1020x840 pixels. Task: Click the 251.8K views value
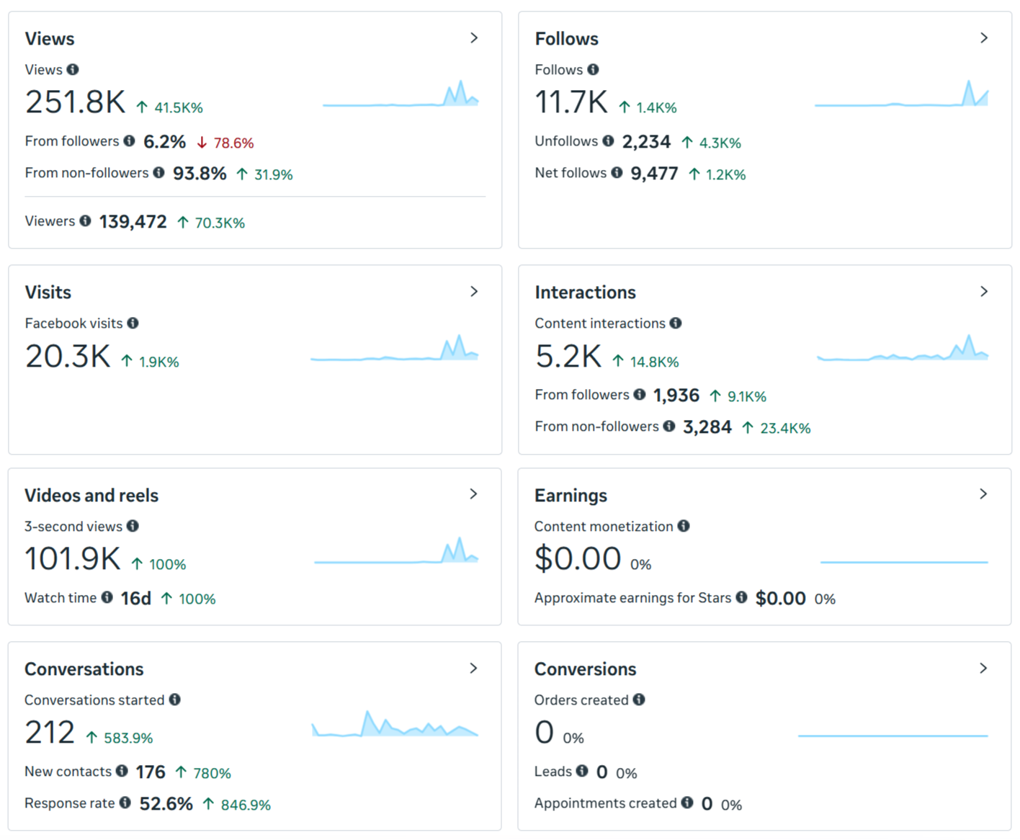coord(75,102)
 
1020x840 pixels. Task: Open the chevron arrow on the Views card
coord(474,38)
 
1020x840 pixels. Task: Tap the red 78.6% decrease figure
coord(233,143)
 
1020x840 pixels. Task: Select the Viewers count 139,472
coord(133,222)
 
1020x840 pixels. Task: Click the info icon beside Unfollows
coord(608,140)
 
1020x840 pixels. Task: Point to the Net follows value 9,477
coord(654,174)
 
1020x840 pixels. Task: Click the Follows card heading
coord(567,39)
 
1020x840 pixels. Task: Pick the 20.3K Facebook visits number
coord(68,356)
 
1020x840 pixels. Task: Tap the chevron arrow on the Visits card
coord(474,292)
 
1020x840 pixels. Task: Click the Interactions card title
coord(585,292)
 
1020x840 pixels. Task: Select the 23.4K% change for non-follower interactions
coord(785,428)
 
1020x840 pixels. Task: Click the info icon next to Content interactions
coord(676,323)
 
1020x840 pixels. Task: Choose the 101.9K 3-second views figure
coord(72,558)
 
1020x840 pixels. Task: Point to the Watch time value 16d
coord(136,599)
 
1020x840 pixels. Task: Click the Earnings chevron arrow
coord(983,494)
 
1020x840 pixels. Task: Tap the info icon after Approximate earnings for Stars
coord(741,597)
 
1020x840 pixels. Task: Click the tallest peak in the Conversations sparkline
coord(367,712)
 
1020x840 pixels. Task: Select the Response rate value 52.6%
coord(166,804)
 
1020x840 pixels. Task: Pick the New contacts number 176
coord(151,772)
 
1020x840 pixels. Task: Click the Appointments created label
coord(605,803)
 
